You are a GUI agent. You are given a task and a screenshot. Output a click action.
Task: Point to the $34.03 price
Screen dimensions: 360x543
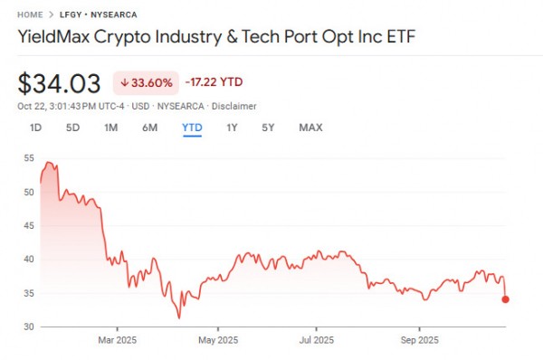click(59, 83)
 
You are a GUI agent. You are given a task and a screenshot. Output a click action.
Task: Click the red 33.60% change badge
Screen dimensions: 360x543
click(144, 82)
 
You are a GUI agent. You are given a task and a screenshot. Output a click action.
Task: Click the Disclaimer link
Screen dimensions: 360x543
click(234, 106)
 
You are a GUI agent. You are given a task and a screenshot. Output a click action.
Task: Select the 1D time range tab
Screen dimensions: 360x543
click(36, 128)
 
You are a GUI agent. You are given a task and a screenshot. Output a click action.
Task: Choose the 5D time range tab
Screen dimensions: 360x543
click(72, 128)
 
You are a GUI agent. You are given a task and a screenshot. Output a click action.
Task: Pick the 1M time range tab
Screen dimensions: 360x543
click(111, 128)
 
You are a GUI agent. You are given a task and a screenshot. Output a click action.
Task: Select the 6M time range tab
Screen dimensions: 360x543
click(150, 128)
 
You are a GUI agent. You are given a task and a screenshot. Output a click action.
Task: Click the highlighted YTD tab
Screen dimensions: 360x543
click(192, 128)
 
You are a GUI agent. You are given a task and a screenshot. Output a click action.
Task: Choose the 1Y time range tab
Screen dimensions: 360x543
click(233, 128)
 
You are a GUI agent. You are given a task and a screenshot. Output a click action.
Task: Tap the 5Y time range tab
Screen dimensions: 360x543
click(268, 128)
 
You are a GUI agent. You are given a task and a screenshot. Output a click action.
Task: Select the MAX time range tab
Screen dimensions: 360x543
click(310, 128)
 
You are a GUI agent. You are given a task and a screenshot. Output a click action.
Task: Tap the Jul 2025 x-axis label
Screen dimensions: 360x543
click(318, 341)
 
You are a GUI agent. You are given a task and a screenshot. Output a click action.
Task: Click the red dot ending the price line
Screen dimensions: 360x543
click(505, 299)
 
